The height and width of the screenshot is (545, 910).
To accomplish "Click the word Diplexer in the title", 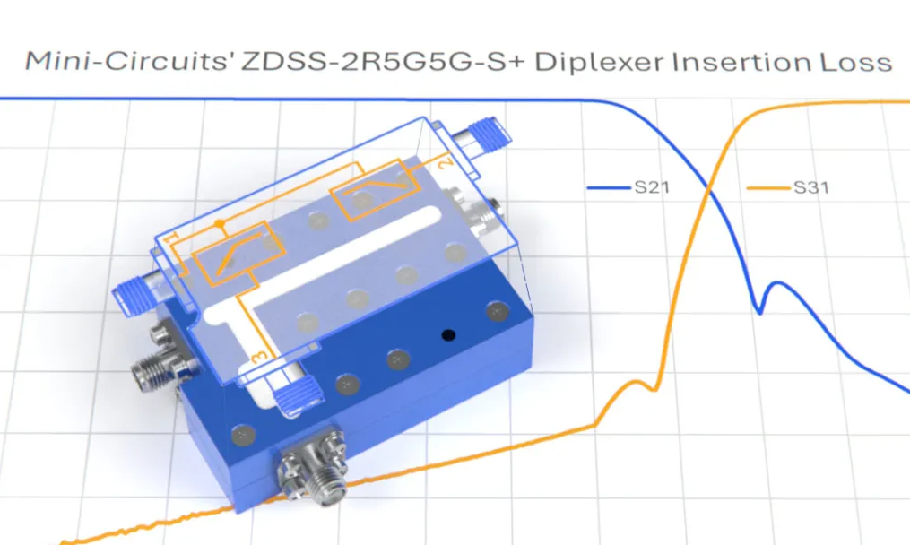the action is tap(600, 62).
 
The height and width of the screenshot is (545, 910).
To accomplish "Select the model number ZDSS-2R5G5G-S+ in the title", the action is tap(383, 62).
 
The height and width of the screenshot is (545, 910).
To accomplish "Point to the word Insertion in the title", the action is tap(741, 62).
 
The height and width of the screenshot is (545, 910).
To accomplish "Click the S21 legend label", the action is tap(652, 186).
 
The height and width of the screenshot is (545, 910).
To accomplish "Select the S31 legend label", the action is tap(810, 187).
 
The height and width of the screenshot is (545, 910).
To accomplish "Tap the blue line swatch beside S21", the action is tap(609, 187).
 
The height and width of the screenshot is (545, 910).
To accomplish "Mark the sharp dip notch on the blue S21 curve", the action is tap(759, 312).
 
